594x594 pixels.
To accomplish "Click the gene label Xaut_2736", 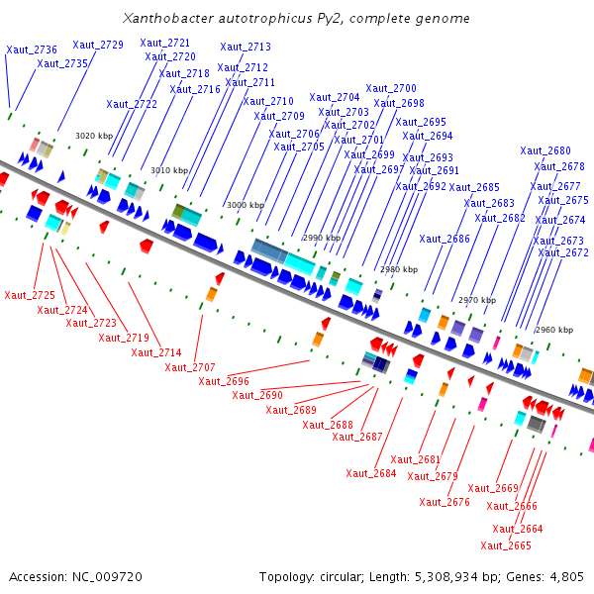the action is [x=32, y=49].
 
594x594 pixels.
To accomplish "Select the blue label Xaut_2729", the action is [x=98, y=45].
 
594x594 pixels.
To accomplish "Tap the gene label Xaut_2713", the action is [x=246, y=47].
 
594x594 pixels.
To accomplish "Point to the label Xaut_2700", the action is [x=391, y=88].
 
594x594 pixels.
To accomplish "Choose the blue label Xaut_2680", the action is [x=545, y=150].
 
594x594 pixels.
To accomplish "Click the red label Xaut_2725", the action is [x=30, y=295].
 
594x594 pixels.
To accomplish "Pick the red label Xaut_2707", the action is [x=190, y=367].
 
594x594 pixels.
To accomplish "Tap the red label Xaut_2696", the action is [x=224, y=381].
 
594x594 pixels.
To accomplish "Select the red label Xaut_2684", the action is [x=371, y=473].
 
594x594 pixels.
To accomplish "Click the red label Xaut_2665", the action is [x=506, y=545].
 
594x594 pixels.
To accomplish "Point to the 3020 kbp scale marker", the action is [x=94, y=136].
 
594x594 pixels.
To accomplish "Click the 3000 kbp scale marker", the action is [x=246, y=205].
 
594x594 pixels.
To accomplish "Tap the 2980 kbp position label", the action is [x=399, y=269].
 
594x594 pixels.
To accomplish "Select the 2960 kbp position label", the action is [x=554, y=330].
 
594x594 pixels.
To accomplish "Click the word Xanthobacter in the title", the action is [x=168, y=18].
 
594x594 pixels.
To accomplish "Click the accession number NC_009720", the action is [x=107, y=577].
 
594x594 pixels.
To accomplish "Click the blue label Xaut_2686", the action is [x=445, y=239].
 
